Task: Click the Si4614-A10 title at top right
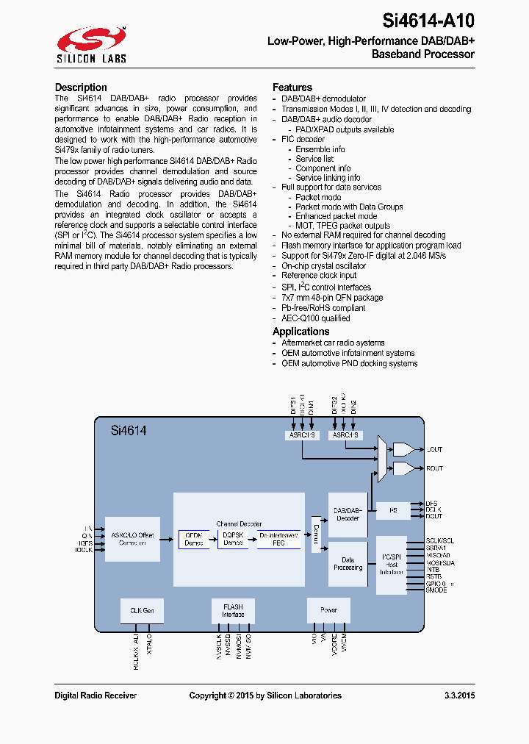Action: click(x=428, y=21)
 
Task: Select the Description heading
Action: click(x=81, y=87)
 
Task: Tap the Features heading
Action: click(x=292, y=87)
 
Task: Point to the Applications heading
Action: click(x=301, y=332)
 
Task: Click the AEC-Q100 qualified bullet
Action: click(x=316, y=318)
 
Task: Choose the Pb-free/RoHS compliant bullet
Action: click(x=323, y=308)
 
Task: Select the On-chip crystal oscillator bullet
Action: click(x=323, y=266)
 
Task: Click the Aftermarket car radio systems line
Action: click(x=333, y=343)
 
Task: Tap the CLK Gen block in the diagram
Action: click(x=142, y=610)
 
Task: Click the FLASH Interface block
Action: click(x=233, y=610)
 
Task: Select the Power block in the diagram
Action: click(x=328, y=610)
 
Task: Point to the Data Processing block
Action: click(x=348, y=564)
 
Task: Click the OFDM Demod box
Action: click(x=194, y=539)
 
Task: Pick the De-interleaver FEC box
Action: click(x=278, y=539)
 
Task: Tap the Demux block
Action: click(x=317, y=533)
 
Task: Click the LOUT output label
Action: click(x=434, y=449)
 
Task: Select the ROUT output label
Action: click(x=434, y=468)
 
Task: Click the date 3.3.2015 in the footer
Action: click(x=459, y=695)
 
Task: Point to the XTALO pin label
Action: click(x=149, y=645)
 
